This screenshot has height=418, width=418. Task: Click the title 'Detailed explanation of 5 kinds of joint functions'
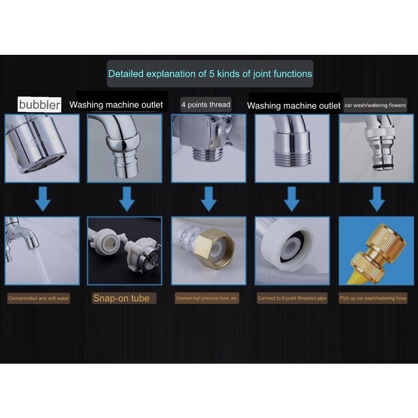210,74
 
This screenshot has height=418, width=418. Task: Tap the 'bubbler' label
40,104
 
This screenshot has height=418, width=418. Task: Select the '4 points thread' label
206,104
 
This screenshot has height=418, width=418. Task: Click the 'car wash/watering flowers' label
375,106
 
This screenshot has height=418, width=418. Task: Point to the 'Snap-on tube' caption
121,298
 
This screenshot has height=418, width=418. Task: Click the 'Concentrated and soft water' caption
39,298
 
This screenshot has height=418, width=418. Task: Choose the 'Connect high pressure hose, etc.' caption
206,298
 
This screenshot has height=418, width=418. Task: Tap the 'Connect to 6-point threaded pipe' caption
292,298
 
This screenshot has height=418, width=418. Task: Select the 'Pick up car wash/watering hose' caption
373,298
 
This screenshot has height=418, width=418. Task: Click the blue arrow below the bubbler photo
43,199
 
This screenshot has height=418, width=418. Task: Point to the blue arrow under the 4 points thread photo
208,199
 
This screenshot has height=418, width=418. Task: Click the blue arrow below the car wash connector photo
377,199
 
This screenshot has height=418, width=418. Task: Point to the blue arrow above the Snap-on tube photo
126,199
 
